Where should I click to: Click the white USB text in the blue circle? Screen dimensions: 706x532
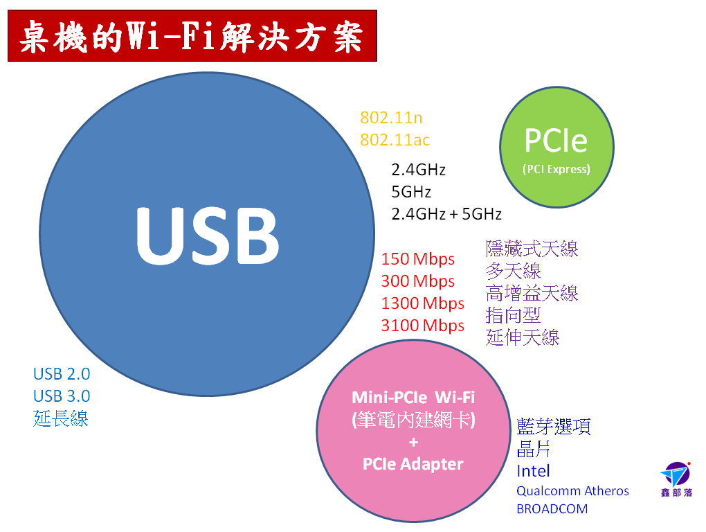208,236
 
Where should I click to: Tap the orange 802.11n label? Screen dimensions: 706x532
391,118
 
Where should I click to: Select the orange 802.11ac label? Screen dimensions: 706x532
395,140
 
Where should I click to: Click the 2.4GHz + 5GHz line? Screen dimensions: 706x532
446,214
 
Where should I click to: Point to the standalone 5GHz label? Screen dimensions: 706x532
411,192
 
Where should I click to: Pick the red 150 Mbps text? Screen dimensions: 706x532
418,260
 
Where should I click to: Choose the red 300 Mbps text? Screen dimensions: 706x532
418,281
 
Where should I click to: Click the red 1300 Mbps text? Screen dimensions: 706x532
422,303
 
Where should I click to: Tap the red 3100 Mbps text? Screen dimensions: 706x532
422,326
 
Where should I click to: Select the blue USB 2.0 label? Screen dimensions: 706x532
62,374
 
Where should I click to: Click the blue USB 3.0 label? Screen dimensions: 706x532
62,396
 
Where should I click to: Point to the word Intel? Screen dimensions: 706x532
533,471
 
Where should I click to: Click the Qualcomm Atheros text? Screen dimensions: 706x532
572,491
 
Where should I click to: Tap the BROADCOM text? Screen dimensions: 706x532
552,509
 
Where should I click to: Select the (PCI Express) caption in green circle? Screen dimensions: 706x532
556,170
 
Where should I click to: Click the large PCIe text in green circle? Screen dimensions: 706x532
556,141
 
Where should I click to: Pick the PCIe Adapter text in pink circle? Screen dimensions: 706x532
413,464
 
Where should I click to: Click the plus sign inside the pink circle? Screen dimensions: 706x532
414,443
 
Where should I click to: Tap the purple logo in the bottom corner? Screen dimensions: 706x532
676,479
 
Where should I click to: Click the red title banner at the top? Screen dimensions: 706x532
192,35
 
